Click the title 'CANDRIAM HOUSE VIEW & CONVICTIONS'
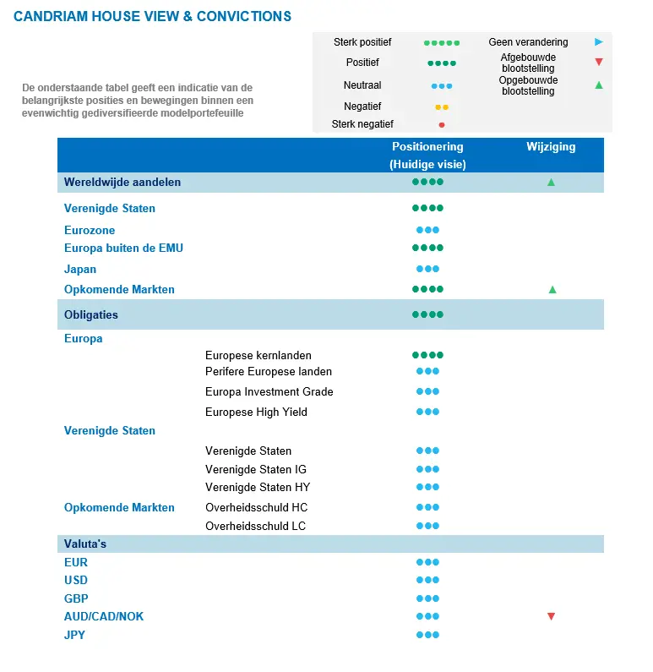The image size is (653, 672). point(153,17)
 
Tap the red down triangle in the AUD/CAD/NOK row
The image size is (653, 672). point(551,616)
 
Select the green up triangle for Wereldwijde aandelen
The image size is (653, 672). point(551,182)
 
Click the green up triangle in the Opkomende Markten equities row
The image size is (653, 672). point(552,289)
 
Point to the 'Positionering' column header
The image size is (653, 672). point(427,147)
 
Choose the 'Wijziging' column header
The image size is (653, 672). point(551,147)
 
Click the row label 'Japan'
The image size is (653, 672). point(80,270)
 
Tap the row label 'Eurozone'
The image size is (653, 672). point(90,230)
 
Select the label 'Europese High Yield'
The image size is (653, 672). point(256,412)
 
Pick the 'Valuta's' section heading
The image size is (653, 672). point(85,544)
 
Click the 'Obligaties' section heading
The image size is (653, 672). point(91,315)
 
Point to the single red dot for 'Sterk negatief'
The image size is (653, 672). point(441,124)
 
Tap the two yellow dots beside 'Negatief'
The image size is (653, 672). point(441,107)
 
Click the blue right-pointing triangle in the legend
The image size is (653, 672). point(598,41)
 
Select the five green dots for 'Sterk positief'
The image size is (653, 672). point(441,42)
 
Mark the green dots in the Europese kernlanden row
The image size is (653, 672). point(427,356)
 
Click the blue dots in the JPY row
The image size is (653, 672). point(427,635)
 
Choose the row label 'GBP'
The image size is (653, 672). point(76,598)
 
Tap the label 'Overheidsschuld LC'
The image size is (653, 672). point(255,526)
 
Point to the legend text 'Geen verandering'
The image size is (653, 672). point(528,41)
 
